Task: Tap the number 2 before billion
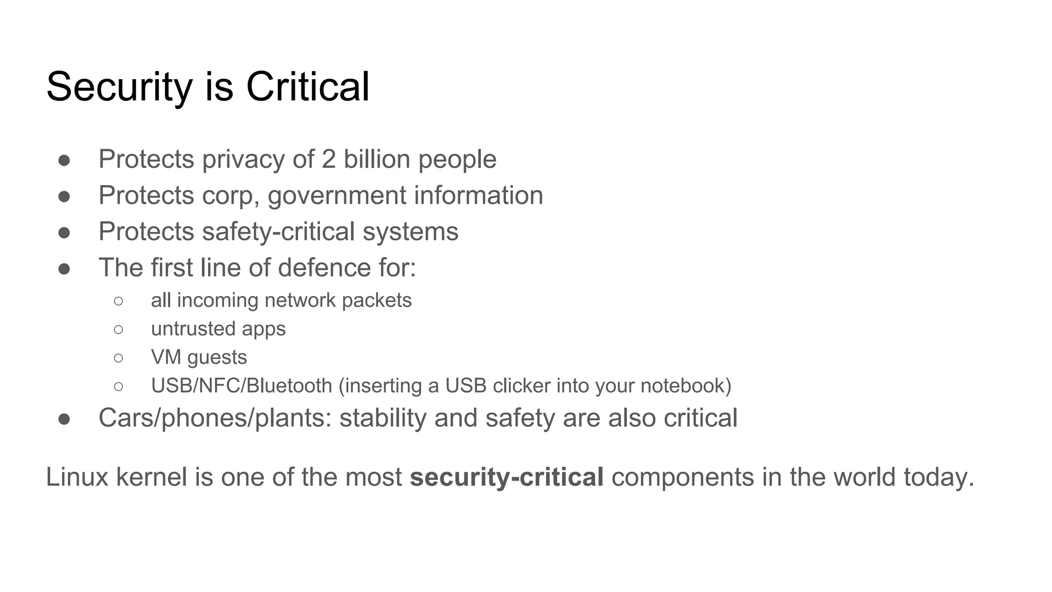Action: coord(329,159)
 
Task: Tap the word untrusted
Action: coord(193,329)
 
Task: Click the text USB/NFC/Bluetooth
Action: coord(241,386)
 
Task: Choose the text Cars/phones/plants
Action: coord(215,418)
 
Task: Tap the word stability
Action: coord(383,418)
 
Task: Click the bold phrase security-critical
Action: coord(506,477)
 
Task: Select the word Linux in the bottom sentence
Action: coord(77,477)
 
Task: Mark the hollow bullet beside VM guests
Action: coord(119,358)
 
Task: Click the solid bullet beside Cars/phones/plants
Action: coord(64,419)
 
